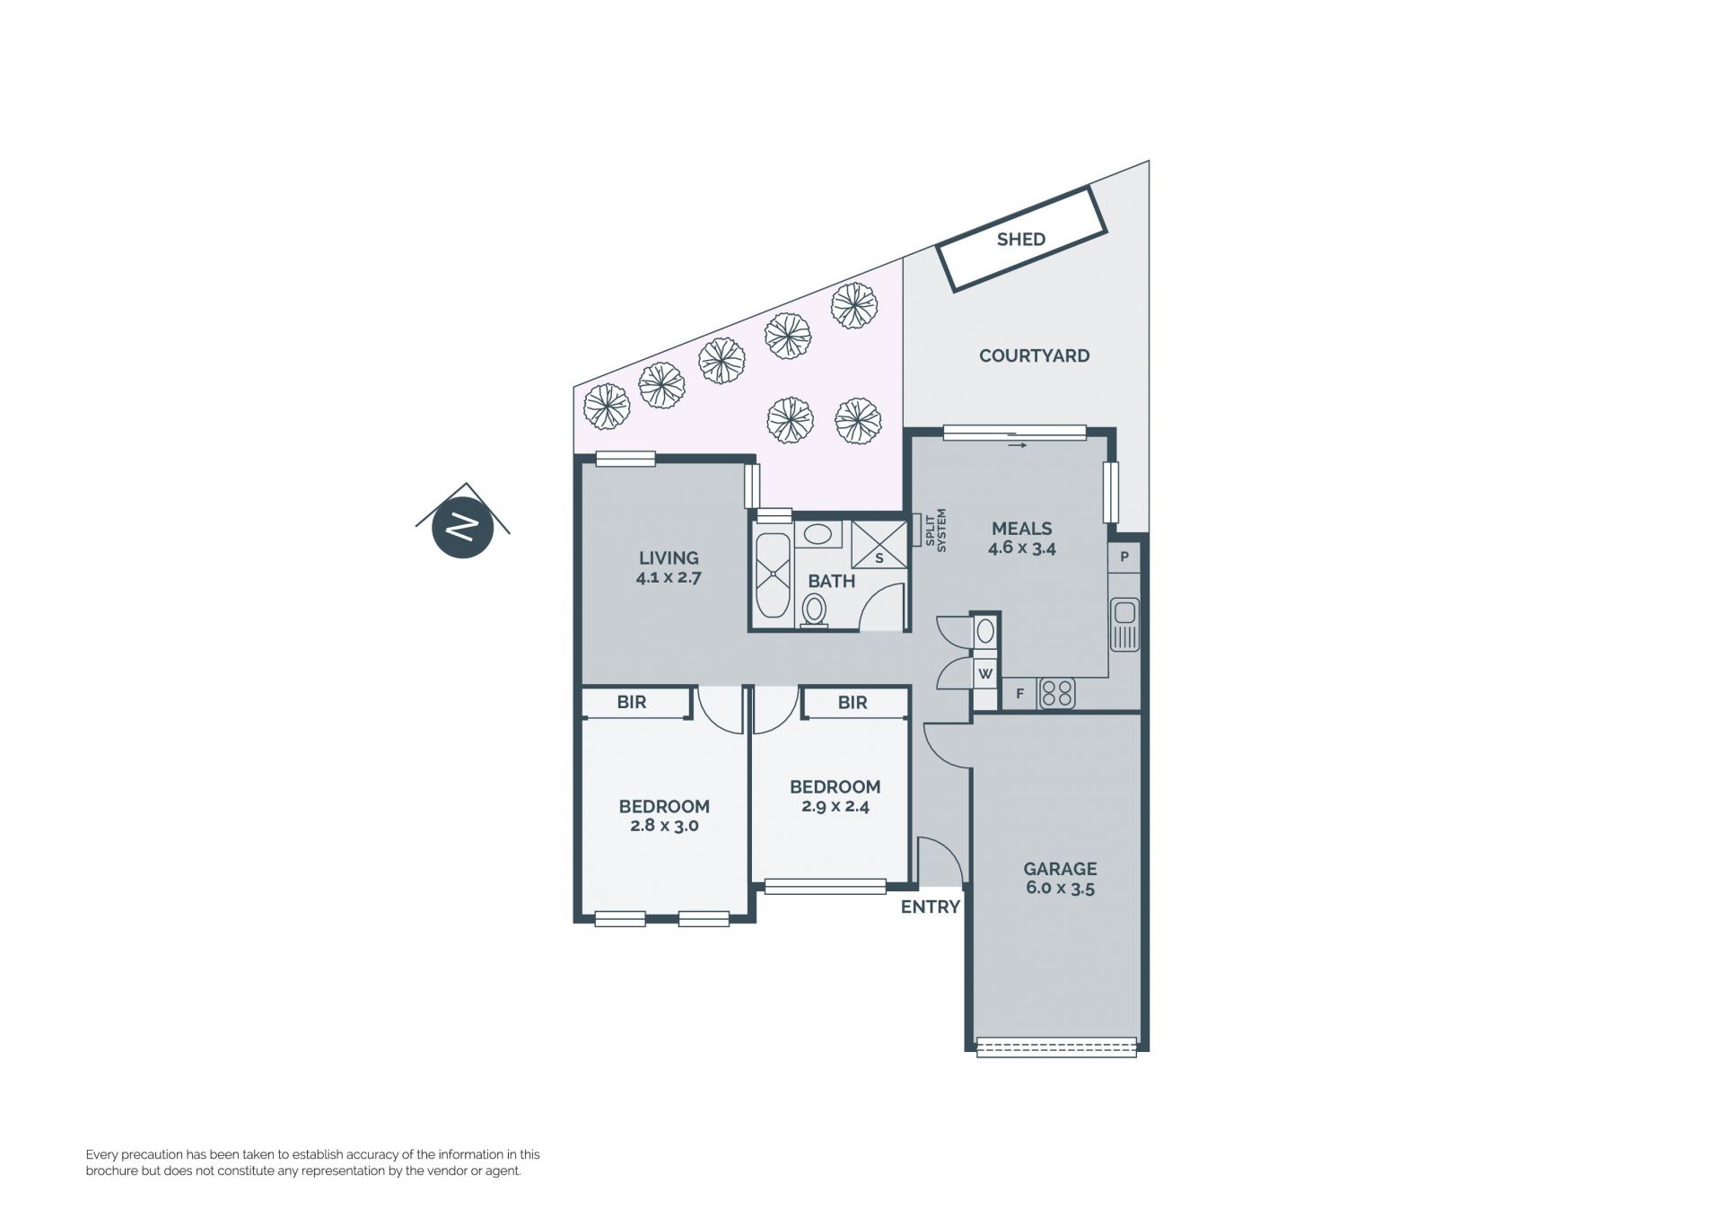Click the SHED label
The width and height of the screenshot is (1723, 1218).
[x=1020, y=239]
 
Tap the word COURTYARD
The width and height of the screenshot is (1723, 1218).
[x=1034, y=355]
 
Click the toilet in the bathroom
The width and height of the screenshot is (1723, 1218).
[x=814, y=610]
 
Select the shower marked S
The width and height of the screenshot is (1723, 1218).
[x=879, y=544]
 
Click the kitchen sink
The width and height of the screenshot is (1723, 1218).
[x=1124, y=624]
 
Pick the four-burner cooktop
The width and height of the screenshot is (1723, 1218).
[x=1057, y=693]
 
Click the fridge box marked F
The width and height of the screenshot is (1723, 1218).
[x=1019, y=693]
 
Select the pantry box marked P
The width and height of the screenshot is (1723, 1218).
[x=1124, y=557]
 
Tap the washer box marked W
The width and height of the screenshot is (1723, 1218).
[x=985, y=673]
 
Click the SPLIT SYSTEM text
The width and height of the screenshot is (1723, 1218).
[x=935, y=530]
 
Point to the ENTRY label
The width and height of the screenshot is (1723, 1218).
[x=930, y=907]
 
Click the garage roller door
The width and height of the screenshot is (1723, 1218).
[x=1056, y=1047]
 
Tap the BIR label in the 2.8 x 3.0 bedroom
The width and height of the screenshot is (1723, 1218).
[x=632, y=702]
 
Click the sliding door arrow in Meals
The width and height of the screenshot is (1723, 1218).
[x=1018, y=444]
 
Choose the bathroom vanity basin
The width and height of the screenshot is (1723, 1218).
[x=817, y=534]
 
